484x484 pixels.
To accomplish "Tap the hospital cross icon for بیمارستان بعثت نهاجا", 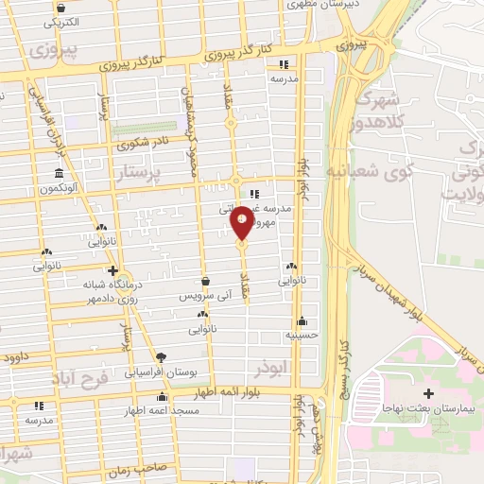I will (428, 392).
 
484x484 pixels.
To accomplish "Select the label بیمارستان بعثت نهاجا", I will (428, 407).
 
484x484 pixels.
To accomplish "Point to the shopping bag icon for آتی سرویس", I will (205, 280).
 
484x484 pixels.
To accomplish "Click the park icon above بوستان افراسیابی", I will (160, 357).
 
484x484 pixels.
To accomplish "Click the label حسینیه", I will (302, 335).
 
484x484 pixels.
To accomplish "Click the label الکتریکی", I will (61, 20).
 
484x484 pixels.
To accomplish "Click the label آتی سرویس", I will (205, 296).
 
